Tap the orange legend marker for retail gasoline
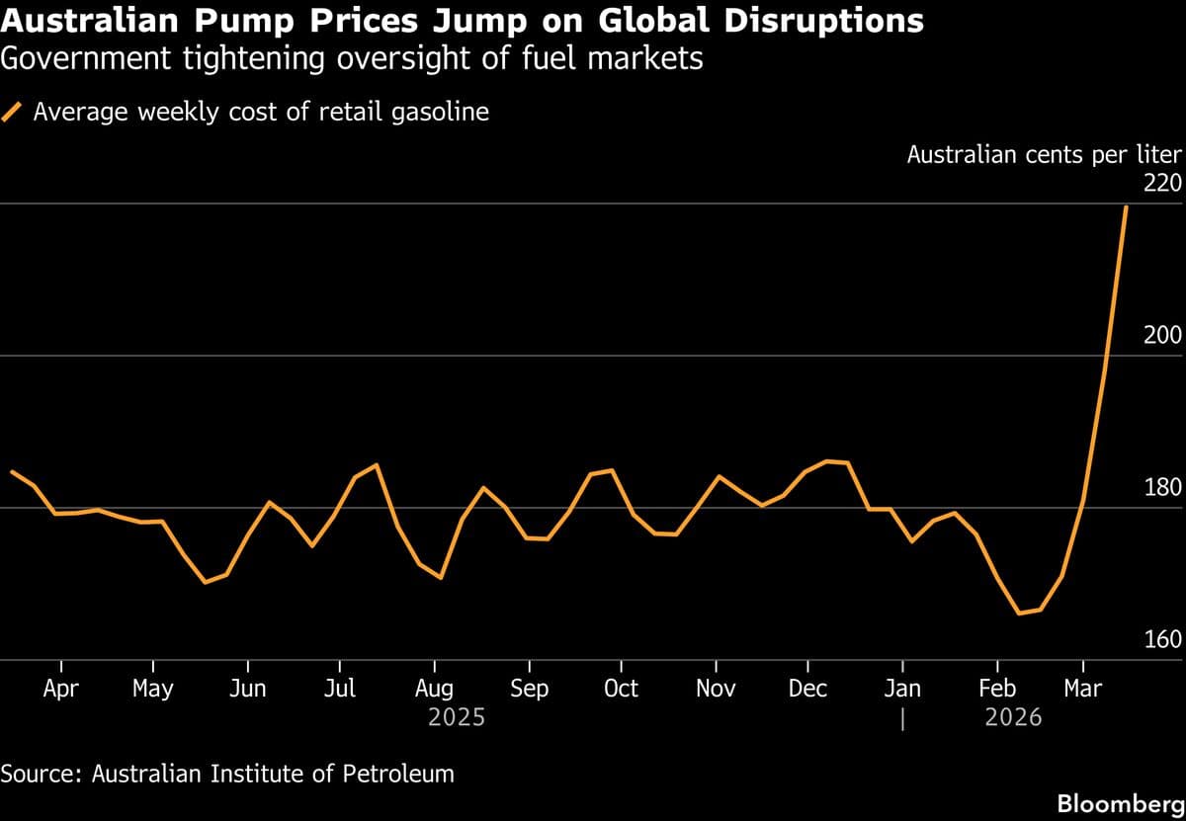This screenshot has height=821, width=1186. pyautogui.click(x=14, y=113)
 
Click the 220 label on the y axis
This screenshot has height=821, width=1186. pyautogui.click(x=1162, y=184)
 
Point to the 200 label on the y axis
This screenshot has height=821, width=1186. pyautogui.click(x=1162, y=336)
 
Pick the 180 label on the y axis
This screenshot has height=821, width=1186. pyautogui.click(x=1162, y=488)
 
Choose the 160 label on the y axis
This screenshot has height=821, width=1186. pyautogui.click(x=1162, y=640)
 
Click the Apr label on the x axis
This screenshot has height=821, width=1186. pyautogui.click(x=61, y=689)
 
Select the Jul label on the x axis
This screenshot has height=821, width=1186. pyautogui.click(x=340, y=689)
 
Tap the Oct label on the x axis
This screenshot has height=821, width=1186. pyautogui.click(x=621, y=689)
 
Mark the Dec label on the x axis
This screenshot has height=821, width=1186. pyautogui.click(x=807, y=689)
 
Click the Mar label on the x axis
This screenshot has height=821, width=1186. pyautogui.click(x=1082, y=689)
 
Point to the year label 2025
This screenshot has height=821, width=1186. pyautogui.click(x=457, y=717)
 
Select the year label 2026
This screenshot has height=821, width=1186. pyautogui.click(x=1013, y=717)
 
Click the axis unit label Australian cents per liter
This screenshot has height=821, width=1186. pyautogui.click(x=1044, y=155)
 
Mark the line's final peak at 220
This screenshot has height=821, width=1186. pyautogui.click(x=1126, y=206)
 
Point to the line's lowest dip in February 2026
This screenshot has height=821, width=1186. pyautogui.click(x=1019, y=614)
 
